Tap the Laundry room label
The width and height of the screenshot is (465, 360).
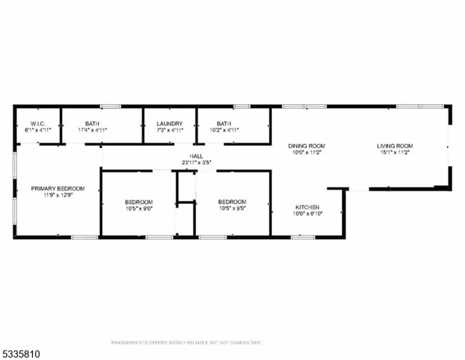[170, 124]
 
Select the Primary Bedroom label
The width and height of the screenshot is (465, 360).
[57, 188]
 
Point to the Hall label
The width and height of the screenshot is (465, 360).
[196, 156]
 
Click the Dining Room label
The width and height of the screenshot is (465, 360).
[307, 146]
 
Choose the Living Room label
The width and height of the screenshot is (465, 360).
[395, 146]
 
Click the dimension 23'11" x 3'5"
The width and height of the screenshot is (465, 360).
[196, 162]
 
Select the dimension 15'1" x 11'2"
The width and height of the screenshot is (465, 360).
[395, 152]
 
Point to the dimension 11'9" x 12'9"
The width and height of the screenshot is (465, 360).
[57, 195]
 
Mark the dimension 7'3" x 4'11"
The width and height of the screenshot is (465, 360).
[170, 130]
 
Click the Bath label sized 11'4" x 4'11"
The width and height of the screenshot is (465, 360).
[92, 124]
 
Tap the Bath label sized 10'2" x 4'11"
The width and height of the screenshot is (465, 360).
[224, 124]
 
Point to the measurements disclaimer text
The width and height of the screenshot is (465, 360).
[186, 342]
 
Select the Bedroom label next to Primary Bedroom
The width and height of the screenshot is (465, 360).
[139, 202]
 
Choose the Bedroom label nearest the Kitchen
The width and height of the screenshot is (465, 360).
[232, 202]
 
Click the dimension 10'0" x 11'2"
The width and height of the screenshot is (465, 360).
[307, 152]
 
